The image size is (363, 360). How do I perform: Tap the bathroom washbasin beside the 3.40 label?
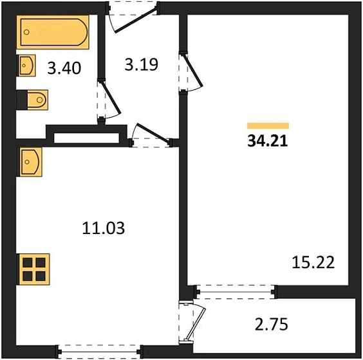click(28, 66)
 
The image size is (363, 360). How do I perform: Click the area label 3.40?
click(64, 67)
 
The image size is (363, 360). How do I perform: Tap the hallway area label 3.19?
click(140, 64)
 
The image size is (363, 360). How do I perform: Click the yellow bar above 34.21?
click(268, 126)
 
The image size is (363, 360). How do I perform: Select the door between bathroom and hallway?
click(107, 100)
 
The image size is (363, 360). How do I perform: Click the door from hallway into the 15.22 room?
click(192, 73)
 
